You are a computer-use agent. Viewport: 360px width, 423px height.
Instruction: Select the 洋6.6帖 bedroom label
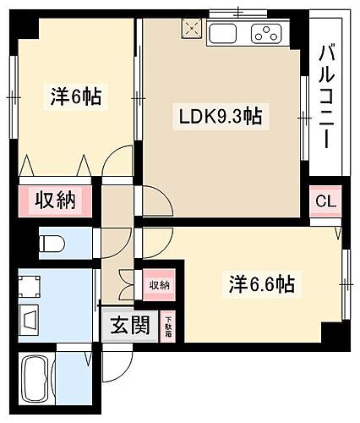click(259, 285)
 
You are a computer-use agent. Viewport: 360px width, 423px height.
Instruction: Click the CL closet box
click(325, 201)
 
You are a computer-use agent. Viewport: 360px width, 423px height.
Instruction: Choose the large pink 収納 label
click(56, 201)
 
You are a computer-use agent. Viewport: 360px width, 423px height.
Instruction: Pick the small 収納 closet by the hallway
click(158, 285)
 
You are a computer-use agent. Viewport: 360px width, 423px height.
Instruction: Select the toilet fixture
click(52, 244)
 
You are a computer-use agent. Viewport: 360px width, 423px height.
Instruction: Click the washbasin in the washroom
click(30, 321)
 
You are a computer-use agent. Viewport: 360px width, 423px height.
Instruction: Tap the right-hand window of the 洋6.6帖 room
click(345, 285)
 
